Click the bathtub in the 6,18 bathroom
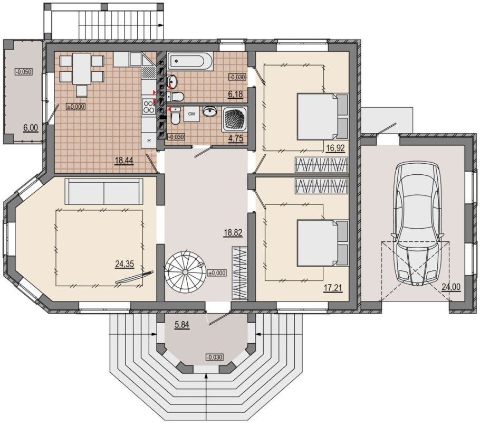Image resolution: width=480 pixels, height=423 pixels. point(190,60)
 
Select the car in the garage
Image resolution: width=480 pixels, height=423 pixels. point(418,224)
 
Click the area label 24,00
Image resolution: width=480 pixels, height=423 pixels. point(450,287)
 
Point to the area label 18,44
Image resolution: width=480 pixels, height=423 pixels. point(124,160)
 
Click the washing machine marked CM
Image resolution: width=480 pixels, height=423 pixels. point(191,114)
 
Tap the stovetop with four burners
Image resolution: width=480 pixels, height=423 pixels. point(149,106)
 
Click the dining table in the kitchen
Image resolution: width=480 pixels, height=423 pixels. point(82,69)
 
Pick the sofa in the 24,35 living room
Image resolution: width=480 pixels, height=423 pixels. point(104,191)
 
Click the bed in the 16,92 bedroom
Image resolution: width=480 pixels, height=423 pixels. point(323,117)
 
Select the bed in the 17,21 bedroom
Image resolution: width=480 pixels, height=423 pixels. point(323,242)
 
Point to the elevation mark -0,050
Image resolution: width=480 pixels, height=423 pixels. point(24,72)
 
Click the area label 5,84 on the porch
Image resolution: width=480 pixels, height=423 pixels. point(182,325)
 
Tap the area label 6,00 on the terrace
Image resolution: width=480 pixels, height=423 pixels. point(31,127)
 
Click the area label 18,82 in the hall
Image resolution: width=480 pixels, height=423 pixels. point(233,233)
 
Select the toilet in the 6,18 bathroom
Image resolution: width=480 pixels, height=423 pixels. point(175,97)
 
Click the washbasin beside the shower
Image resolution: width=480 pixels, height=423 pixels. point(210,111)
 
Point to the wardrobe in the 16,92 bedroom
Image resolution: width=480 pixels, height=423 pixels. point(322,165)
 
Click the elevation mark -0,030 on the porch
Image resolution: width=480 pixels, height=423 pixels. point(215,357)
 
